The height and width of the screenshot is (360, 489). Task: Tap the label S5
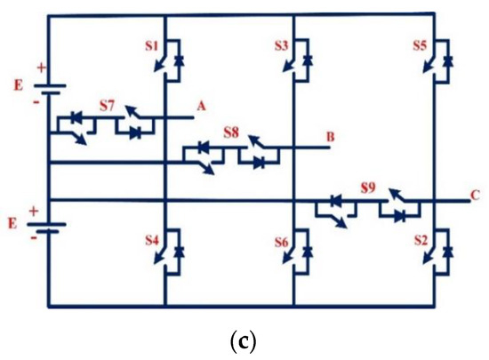423,44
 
